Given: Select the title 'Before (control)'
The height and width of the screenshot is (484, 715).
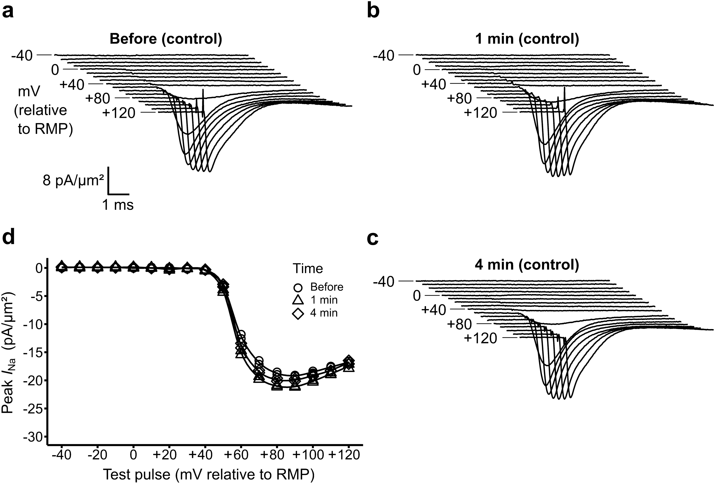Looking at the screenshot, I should pos(166,39).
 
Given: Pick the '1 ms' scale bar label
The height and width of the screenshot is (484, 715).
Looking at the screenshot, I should pos(118,205).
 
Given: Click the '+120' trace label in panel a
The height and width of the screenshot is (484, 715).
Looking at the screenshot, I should pos(119,113).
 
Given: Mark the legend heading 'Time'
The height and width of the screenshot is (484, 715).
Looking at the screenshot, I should pos(308,269).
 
